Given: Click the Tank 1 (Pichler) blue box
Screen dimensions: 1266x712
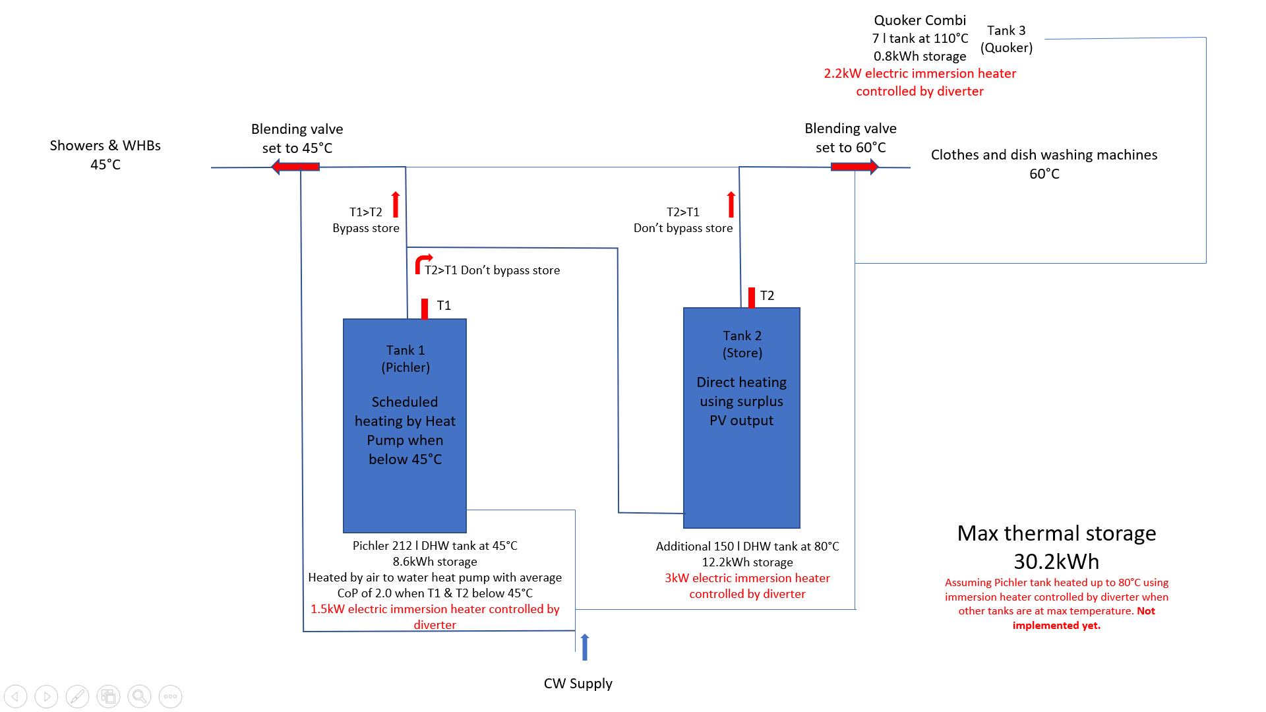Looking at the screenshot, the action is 405,426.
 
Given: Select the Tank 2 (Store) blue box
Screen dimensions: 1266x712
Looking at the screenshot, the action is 742,418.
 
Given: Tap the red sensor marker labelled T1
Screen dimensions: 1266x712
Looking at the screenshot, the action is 425,309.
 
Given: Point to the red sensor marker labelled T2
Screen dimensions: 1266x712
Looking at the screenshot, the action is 752,297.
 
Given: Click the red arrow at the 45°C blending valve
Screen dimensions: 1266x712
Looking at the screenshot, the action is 295,167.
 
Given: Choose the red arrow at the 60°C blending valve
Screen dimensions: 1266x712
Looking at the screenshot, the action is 855,167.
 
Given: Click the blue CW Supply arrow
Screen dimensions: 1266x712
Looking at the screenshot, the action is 585,647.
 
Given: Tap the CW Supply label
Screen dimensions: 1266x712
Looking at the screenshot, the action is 578,684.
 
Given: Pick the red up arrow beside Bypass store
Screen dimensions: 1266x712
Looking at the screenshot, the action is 396,204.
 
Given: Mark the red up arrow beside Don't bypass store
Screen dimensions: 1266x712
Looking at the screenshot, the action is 731,204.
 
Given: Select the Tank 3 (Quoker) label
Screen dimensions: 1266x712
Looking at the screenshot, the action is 1006,39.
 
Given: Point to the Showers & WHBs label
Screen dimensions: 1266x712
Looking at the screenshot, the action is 105,155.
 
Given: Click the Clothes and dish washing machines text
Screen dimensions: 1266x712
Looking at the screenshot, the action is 1044,155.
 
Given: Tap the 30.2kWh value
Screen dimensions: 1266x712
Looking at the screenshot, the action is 1056,562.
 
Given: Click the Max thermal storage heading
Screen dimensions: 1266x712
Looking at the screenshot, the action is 1056,533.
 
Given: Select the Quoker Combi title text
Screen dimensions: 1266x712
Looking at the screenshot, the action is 920,20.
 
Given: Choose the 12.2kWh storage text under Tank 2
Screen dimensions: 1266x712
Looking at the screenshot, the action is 747,562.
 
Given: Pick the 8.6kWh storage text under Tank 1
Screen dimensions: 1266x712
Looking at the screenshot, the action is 435,562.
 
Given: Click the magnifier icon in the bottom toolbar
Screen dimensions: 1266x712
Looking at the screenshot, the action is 139,696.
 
